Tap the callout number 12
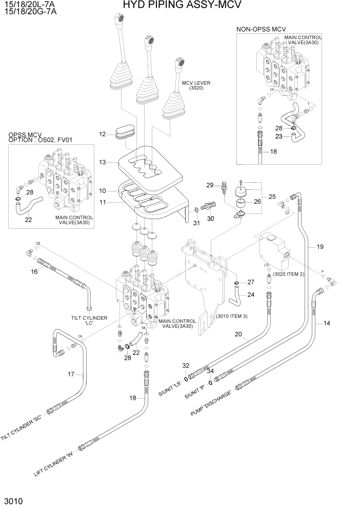103,134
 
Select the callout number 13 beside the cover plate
103,162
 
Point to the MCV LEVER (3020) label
196,86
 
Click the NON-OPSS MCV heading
261,30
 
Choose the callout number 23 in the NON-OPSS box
278,136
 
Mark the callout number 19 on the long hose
320,247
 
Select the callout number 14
327,323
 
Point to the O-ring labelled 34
211,382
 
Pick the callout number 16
34,271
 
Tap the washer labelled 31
197,210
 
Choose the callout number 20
238,334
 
